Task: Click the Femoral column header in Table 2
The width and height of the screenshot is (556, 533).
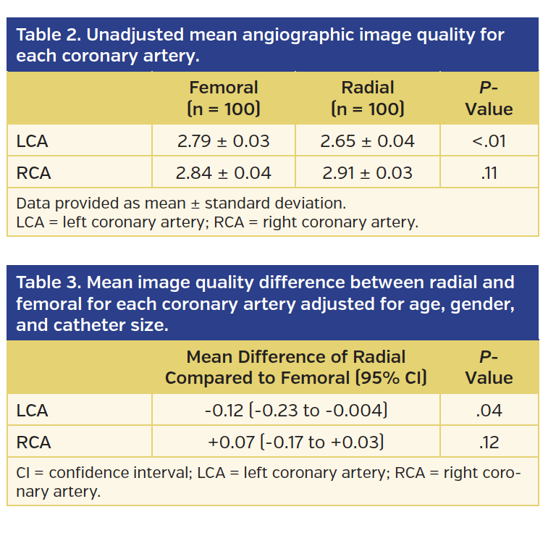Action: (223, 98)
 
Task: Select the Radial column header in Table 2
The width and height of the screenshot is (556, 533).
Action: (367, 98)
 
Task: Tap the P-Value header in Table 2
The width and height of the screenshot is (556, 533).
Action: (489, 98)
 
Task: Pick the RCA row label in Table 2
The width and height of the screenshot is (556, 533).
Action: (33, 173)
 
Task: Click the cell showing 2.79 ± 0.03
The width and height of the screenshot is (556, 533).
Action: (223, 141)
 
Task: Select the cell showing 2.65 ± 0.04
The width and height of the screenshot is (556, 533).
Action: (367, 141)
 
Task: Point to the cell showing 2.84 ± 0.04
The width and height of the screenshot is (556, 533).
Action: (223, 173)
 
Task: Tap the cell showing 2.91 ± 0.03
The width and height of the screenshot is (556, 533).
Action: (367, 173)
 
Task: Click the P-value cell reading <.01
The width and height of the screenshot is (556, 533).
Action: (489, 141)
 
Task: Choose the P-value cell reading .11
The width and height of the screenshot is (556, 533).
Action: (489, 173)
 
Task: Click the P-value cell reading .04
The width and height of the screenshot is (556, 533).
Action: (489, 411)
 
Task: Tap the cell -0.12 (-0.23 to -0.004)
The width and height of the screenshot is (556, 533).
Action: (295, 411)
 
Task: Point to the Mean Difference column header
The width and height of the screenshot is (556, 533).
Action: (295, 367)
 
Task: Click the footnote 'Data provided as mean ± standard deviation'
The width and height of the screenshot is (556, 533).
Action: (180, 203)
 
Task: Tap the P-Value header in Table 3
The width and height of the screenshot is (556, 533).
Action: (489, 367)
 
